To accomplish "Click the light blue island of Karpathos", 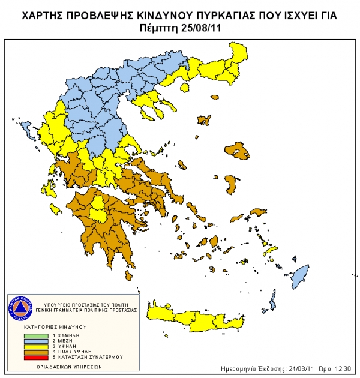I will coord(273,298).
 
